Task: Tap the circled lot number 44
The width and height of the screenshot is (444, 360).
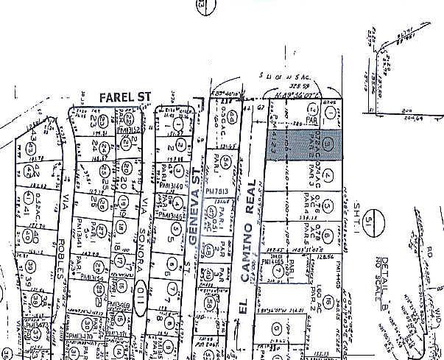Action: [x=233, y=116]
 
